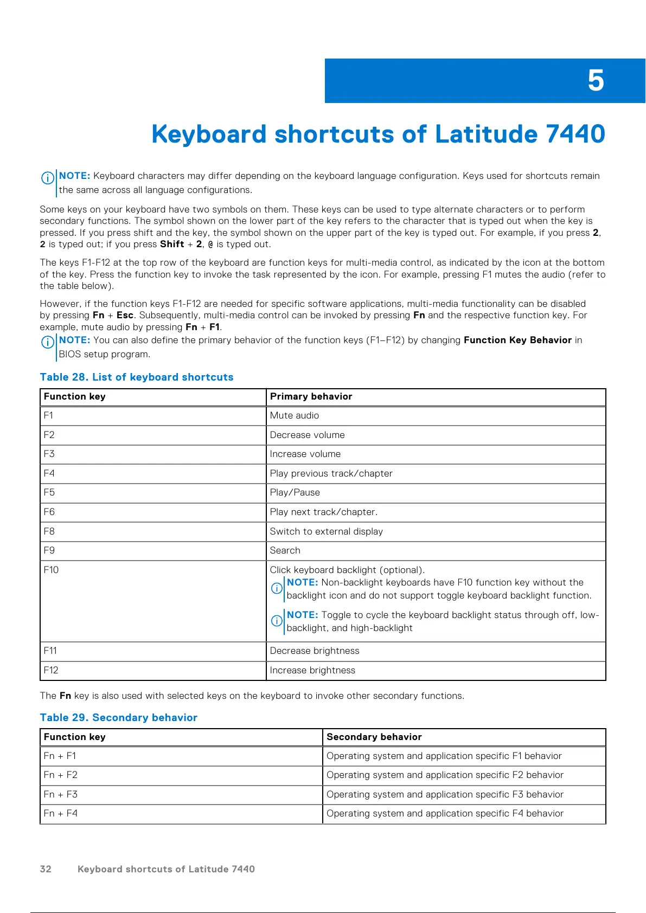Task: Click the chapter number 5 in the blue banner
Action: pyautogui.click(x=596, y=81)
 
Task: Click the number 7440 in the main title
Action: pyautogui.click(x=575, y=134)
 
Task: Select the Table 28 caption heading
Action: pyautogui.click(x=137, y=377)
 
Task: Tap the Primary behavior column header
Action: pyautogui.click(x=311, y=396)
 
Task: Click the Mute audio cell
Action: pyautogui.click(x=295, y=415)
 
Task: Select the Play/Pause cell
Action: pyautogui.click(x=295, y=492)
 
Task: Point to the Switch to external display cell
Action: pyautogui.click(x=327, y=531)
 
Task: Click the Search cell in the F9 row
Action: pyautogui.click(x=285, y=550)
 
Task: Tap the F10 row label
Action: pyautogui.click(x=51, y=570)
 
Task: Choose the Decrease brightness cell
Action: pyautogui.click(x=315, y=651)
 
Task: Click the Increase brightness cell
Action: pyautogui.click(x=312, y=670)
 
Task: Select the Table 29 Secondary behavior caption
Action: pyautogui.click(x=119, y=717)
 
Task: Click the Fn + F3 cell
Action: pyautogui.click(x=61, y=794)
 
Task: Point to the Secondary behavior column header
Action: pyautogui.click(x=374, y=737)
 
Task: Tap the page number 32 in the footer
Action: pyautogui.click(x=46, y=869)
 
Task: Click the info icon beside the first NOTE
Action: pyautogui.click(x=48, y=178)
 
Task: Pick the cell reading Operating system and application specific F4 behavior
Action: pyautogui.click(x=445, y=813)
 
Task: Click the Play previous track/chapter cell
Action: pyautogui.click(x=331, y=473)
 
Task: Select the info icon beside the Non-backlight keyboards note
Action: pyautogui.click(x=277, y=588)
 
